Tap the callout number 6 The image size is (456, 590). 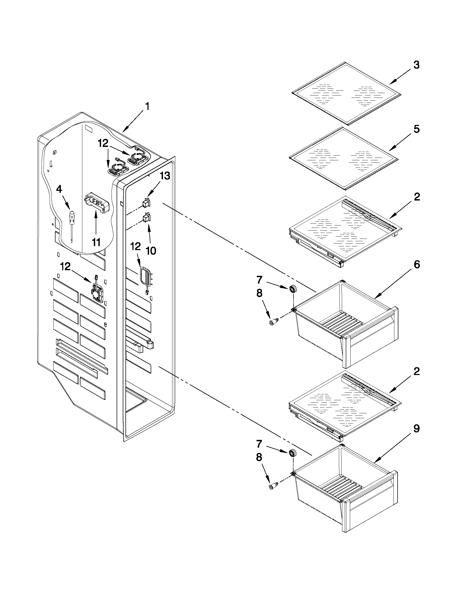tap(416, 265)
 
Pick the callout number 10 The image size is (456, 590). tap(151, 251)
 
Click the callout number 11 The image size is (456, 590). tap(96, 242)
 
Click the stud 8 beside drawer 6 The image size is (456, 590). tap(273, 322)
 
